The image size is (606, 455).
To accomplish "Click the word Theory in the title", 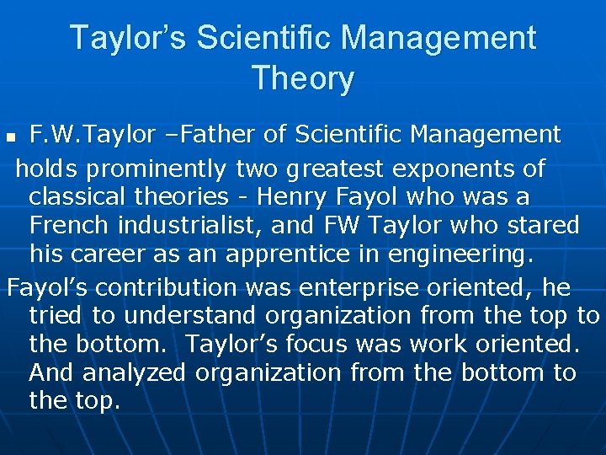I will click(x=302, y=78).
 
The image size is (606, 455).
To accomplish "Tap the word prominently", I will click(x=157, y=169).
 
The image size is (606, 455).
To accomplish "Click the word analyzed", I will click(x=129, y=372).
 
